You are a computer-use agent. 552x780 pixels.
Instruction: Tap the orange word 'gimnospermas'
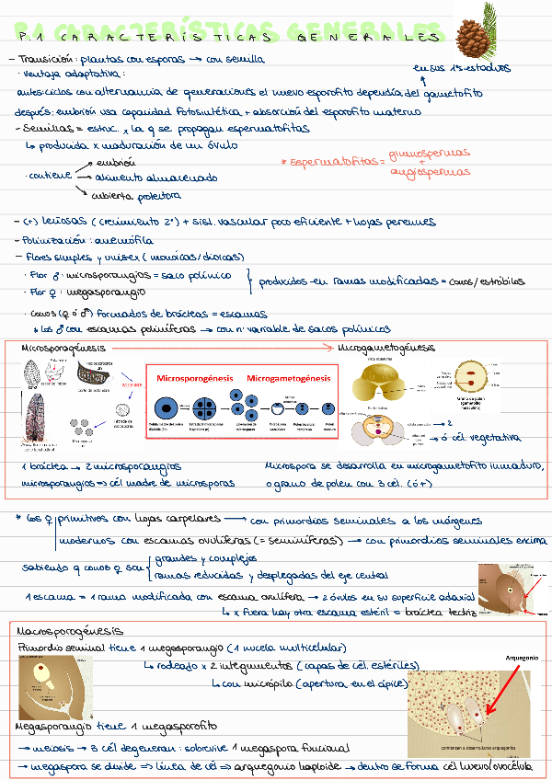pos(430,153)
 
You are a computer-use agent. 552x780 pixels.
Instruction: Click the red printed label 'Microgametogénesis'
pos(289,378)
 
